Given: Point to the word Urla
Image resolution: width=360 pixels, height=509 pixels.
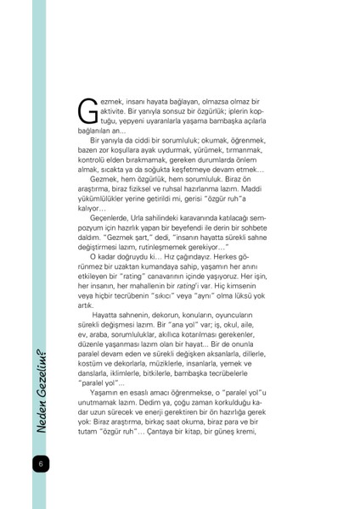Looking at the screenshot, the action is pyautogui.click(x=143, y=218).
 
